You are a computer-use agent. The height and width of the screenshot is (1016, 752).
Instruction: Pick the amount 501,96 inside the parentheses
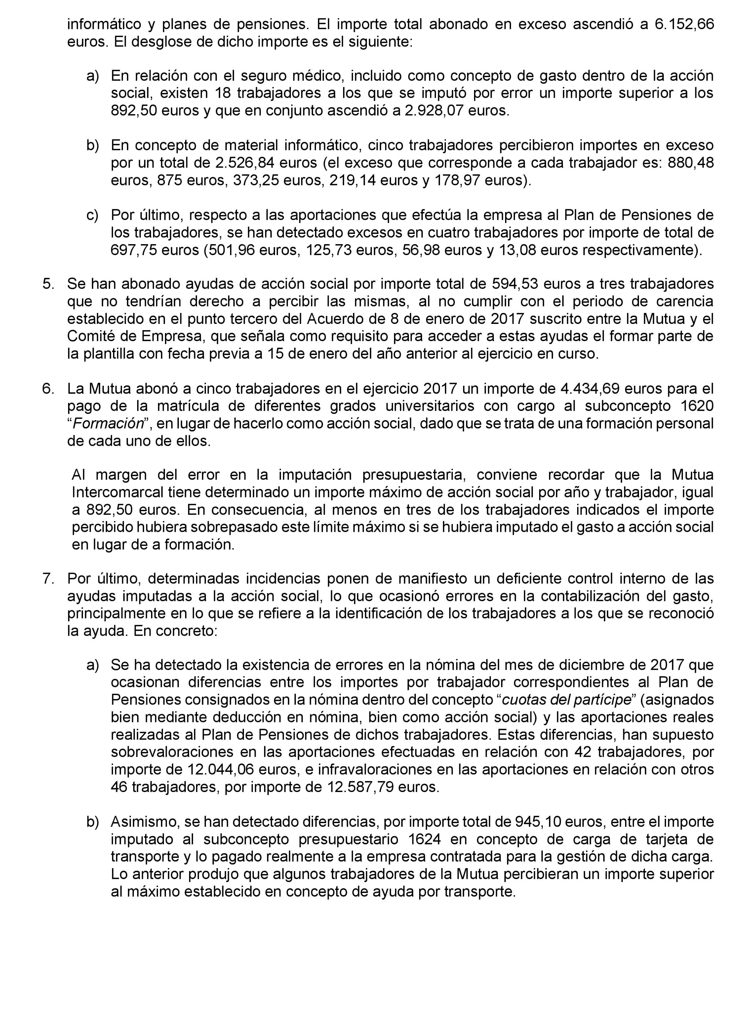[231, 250]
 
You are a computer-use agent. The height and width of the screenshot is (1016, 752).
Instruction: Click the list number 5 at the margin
[48, 284]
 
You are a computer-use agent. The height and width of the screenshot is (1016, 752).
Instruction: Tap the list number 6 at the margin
[48, 389]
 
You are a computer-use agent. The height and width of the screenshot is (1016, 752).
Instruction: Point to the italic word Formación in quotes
[108, 424]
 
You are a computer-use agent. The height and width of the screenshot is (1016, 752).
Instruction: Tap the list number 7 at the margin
[48, 579]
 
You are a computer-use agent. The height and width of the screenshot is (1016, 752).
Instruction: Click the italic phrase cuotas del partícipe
[566, 700]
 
